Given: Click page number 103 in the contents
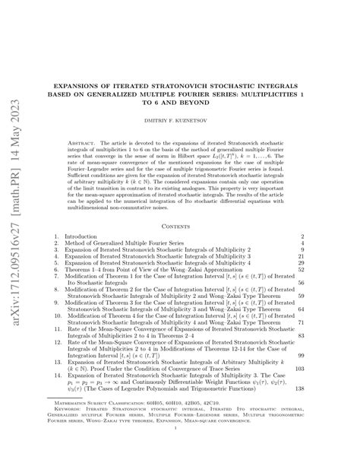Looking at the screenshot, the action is pyautogui.click(x=344, y=365).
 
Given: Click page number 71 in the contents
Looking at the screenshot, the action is pyautogui.click(x=346, y=322).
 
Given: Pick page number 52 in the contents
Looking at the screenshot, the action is pyautogui.click(x=346, y=269).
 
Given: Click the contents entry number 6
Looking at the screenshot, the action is pyautogui.click(x=58, y=269).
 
